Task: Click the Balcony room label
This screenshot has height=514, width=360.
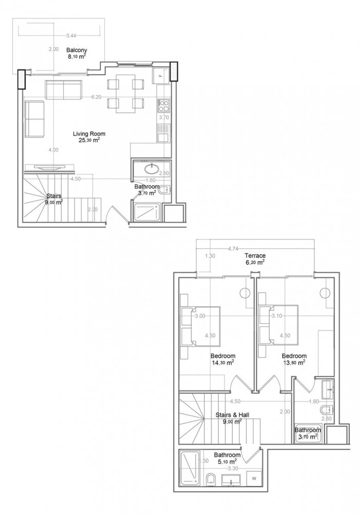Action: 77,50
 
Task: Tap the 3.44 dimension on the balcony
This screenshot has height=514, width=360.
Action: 71,35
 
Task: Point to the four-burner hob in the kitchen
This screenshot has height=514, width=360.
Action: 164,106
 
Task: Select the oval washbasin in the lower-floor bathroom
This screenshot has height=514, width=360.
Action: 151,168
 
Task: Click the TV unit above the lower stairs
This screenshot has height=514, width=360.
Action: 49,167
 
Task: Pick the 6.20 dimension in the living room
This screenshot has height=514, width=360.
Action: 96,97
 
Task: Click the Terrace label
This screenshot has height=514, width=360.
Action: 255,255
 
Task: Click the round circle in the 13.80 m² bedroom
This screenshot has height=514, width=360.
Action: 325,293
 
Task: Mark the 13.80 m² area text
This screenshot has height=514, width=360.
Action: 294,362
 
